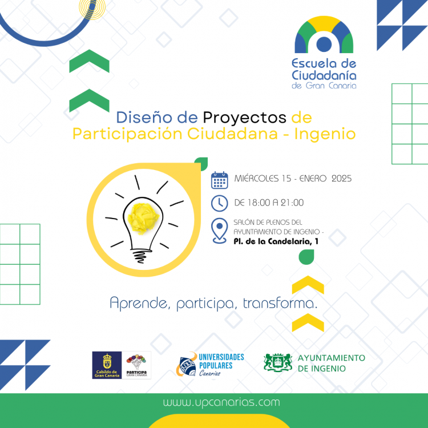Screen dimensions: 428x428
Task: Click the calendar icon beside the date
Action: click(219, 180)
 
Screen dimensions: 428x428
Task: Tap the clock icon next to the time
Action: click(219, 203)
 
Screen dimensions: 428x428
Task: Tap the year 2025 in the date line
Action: click(340, 179)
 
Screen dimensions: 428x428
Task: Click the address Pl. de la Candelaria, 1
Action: click(276, 241)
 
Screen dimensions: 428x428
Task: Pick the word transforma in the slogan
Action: click(280, 302)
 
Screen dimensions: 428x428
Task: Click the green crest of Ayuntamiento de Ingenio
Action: click(278, 362)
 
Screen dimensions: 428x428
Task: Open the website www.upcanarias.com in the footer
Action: click(221, 402)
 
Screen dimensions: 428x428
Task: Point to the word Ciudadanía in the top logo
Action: click(324, 75)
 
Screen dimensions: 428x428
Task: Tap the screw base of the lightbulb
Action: click(139, 251)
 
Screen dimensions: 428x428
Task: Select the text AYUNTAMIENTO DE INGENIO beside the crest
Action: click(332, 363)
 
